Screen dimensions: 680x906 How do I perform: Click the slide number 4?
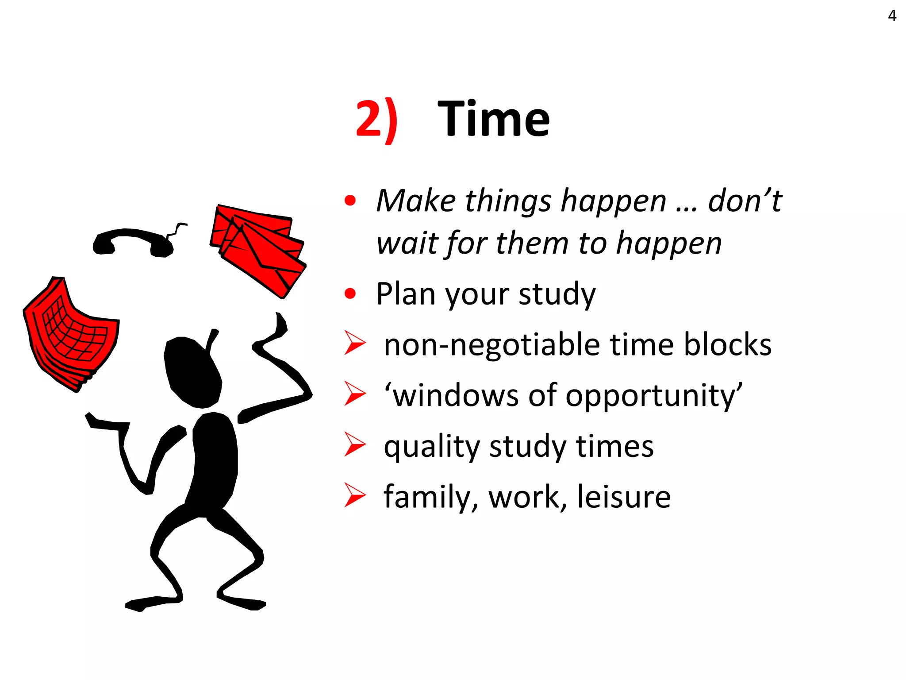tap(892, 16)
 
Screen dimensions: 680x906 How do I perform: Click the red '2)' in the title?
tap(376, 120)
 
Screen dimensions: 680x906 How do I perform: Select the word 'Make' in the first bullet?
tap(416, 201)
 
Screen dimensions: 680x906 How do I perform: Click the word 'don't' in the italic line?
tap(745, 201)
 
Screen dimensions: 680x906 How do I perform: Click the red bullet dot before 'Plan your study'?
tap(350, 294)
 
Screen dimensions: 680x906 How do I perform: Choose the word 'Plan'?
tap(406, 294)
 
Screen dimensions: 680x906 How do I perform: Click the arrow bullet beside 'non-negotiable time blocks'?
tap(355, 344)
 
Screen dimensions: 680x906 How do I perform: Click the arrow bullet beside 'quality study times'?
tap(355, 444)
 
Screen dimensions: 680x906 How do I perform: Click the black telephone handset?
tap(133, 242)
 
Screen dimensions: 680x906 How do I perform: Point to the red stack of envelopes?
tap(259, 248)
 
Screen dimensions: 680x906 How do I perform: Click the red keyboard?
tap(71, 334)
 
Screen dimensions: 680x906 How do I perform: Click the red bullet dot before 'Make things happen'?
tap(350, 201)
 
